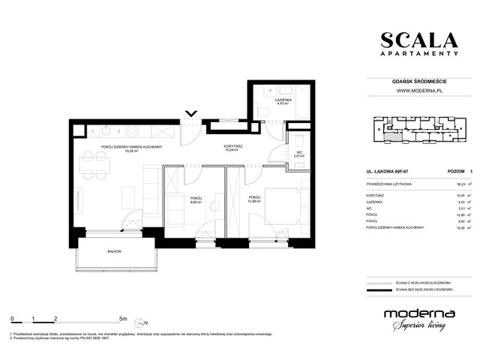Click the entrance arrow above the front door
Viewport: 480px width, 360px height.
191,115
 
